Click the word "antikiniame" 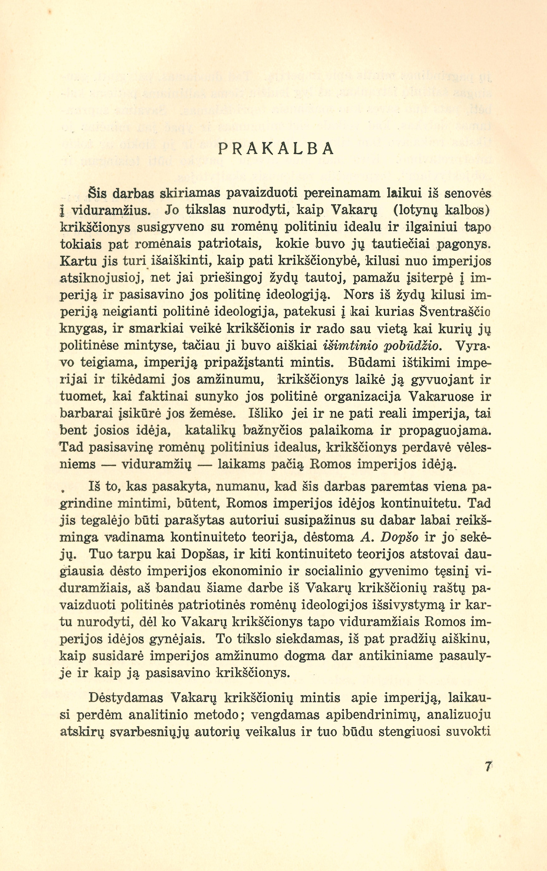pyautogui.click(x=394, y=656)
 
